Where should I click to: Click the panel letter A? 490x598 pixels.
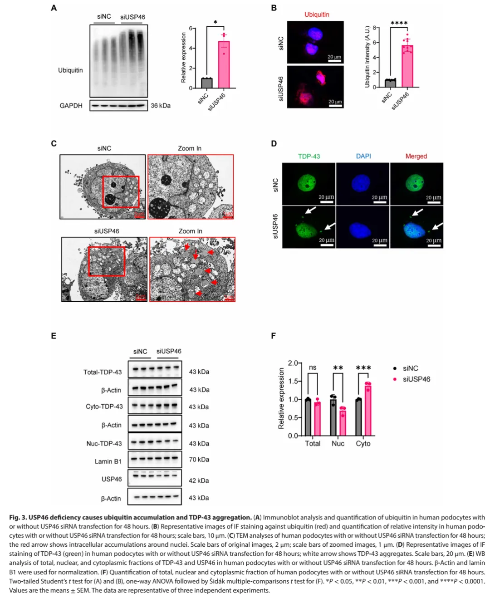(x=54, y=8)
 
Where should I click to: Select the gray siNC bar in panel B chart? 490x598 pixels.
(x=390, y=83)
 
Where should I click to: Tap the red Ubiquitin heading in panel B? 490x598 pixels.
(x=317, y=15)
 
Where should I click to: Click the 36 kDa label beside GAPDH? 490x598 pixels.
(x=161, y=106)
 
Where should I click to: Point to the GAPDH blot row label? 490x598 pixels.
(x=71, y=106)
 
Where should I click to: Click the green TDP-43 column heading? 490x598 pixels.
(x=309, y=156)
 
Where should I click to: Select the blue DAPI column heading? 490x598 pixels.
(x=363, y=156)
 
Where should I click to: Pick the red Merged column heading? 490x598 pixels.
(x=416, y=156)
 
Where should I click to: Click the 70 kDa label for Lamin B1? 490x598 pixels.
(x=199, y=460)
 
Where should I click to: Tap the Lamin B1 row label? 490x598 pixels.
(x=108, y=461)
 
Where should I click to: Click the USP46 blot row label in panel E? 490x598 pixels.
(x=112, y=479)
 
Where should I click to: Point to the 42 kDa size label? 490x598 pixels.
(x=199, y=480)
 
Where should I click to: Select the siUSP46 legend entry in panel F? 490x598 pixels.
(x=416, y=379)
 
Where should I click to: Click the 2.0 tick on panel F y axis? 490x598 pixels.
(x=293, y=363)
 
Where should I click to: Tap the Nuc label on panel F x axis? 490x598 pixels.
(x=338, y=443)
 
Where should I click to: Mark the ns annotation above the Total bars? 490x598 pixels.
(x=313, y=368)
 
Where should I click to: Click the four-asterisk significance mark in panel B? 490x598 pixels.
(x=399, y=23)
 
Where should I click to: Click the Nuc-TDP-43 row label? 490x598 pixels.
(x=104, y=443)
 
